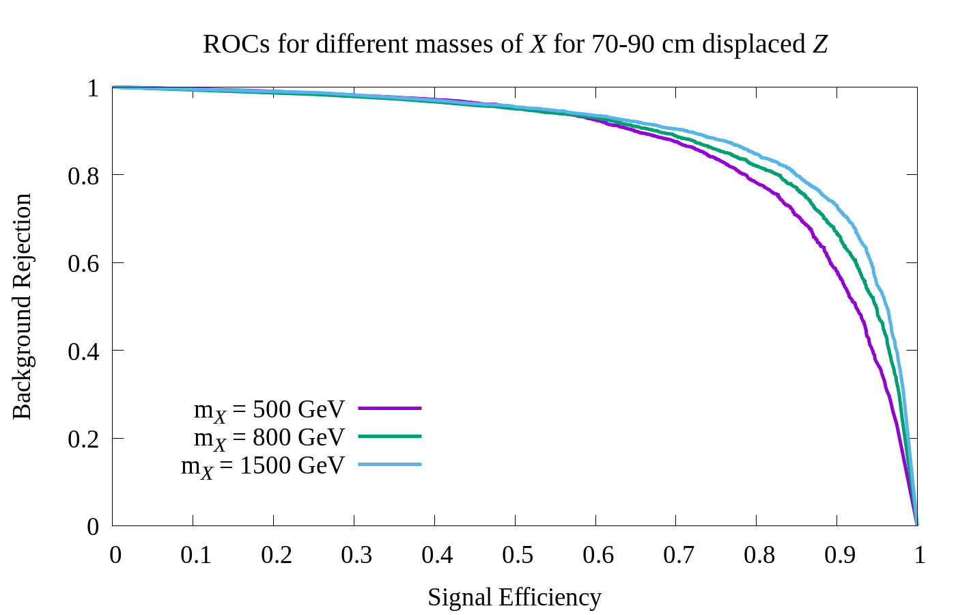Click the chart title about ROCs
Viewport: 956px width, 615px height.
point(516,44)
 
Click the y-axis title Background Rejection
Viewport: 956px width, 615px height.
point(22,306)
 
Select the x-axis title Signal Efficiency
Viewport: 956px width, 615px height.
point(514,597)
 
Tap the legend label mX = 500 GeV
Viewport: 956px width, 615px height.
point(269,410)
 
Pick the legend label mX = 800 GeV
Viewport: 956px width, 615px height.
point(269,438)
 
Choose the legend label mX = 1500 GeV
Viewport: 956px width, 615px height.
point(263,466)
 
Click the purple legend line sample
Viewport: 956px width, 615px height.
point(390,408)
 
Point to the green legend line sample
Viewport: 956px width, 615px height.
point(390,436)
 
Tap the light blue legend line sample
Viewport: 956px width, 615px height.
point(390,464)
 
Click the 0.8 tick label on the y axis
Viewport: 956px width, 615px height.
point(83,176)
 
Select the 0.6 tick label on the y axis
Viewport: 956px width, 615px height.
point(83,263)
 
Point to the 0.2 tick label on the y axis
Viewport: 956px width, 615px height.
point(83,439)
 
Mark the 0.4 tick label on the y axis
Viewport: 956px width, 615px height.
point(83,351)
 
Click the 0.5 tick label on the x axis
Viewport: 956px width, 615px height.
point(518,555)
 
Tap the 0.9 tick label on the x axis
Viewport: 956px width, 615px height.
point(839,555)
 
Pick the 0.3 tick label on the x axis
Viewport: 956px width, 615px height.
point(356,555)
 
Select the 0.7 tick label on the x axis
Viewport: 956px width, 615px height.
point(678,555)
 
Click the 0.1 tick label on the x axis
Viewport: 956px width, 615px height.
point(196,555)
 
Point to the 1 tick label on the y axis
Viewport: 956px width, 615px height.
point(93,88)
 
